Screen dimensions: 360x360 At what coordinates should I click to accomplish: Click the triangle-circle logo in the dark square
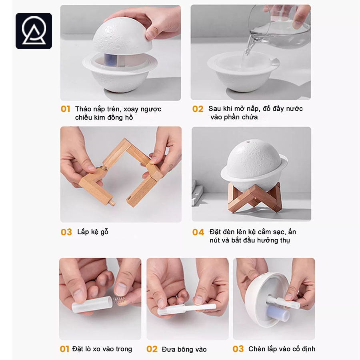tap(34, 31)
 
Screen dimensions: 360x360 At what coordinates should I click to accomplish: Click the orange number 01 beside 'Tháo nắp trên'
tap(66, 109)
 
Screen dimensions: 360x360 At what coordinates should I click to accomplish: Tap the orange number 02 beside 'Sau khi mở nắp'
tap(198, 109)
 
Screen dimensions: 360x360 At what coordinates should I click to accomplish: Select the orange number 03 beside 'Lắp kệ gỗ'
tap(66, 232)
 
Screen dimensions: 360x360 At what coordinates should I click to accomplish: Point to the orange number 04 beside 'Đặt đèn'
tap(198, 232)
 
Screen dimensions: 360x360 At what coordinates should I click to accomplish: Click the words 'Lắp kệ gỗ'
tap(93, 232)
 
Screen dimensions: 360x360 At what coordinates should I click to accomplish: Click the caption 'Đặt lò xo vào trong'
tap(102, 349)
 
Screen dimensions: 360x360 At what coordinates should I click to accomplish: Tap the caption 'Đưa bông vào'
tap(184, 349)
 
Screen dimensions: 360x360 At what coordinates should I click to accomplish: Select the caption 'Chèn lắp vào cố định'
tap(282, 349)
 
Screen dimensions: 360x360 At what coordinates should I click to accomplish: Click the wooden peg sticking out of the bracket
tap(111, 202)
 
